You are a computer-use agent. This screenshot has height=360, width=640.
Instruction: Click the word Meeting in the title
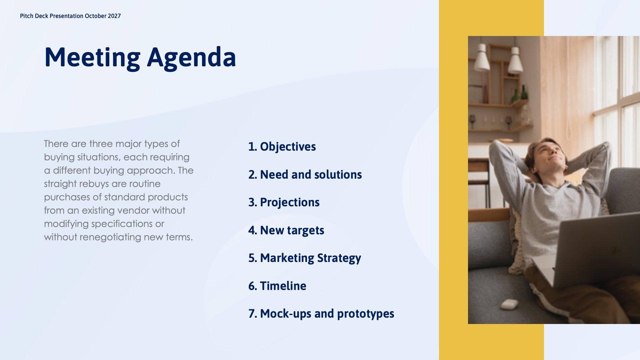[92, 57]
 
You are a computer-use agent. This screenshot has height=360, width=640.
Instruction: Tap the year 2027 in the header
[114, 16]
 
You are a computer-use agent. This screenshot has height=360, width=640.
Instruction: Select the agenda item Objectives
[287, 147]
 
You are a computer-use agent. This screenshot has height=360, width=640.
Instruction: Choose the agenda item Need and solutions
[310, 174]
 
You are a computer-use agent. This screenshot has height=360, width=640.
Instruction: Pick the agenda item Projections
[289, 202]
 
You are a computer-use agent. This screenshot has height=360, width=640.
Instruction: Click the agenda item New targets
[292, 230]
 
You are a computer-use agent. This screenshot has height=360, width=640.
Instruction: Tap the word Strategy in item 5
[339, 258]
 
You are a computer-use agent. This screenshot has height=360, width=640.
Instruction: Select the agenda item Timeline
[283, 286]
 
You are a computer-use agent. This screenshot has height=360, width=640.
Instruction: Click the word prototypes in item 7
[365, 314]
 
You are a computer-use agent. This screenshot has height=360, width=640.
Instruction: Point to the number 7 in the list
[252, 314]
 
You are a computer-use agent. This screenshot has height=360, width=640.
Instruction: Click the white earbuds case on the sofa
[509, 304]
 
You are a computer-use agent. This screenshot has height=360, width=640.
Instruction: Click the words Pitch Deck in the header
[34, 16]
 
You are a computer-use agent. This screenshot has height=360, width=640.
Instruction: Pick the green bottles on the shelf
[520, 94]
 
